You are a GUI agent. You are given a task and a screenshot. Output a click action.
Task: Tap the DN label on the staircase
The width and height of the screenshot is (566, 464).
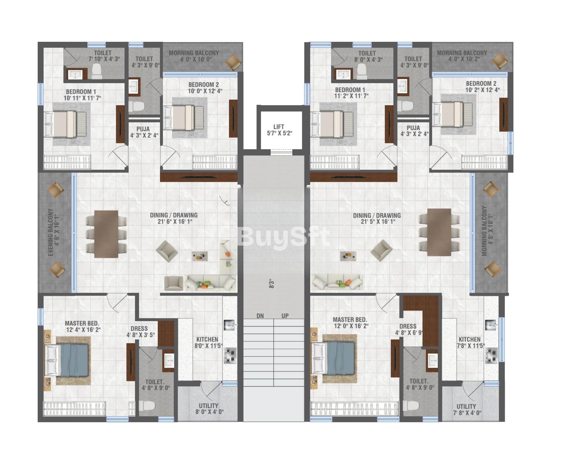click(260, 316)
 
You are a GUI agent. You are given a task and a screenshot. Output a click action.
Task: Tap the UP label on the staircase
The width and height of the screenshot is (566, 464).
click(285, 316)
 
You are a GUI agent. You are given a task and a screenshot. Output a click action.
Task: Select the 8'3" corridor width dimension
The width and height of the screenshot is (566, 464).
click(272, 284)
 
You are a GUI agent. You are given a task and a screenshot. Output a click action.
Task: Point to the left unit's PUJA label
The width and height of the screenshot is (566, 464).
click(143, 129)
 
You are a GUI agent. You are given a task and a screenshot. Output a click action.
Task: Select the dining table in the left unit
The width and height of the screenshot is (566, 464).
click(106, 234)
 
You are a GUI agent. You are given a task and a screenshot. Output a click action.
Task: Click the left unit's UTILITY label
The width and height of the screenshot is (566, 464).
click(208, 406)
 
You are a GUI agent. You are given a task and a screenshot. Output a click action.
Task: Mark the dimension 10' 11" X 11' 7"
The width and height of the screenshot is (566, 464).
click(82, 98)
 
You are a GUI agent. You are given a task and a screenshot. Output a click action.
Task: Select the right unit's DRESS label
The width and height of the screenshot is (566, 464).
click(408, 326)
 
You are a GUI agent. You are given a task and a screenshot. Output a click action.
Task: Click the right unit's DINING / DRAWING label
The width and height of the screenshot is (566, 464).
click(377, 215)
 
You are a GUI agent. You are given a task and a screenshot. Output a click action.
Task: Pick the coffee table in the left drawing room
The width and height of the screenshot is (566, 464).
click(200, 256)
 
